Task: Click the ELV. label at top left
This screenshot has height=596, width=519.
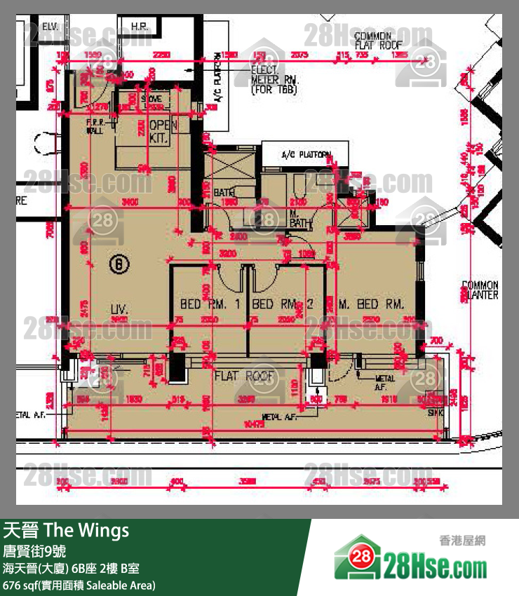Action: click(x=50, y=27)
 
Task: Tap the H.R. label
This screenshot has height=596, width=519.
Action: click(x=139, y=27)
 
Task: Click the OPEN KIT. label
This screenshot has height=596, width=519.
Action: click(x=159, y=132)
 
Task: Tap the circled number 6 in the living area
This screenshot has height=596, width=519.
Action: click(x=120, y=264)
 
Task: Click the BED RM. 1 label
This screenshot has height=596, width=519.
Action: click(x=210, y=304)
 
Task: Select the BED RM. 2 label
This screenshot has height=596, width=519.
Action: click(x=282, y=304)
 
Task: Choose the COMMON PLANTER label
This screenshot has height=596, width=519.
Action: click(x=480, y=290)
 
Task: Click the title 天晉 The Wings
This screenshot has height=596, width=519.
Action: click(x=67, y=531)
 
